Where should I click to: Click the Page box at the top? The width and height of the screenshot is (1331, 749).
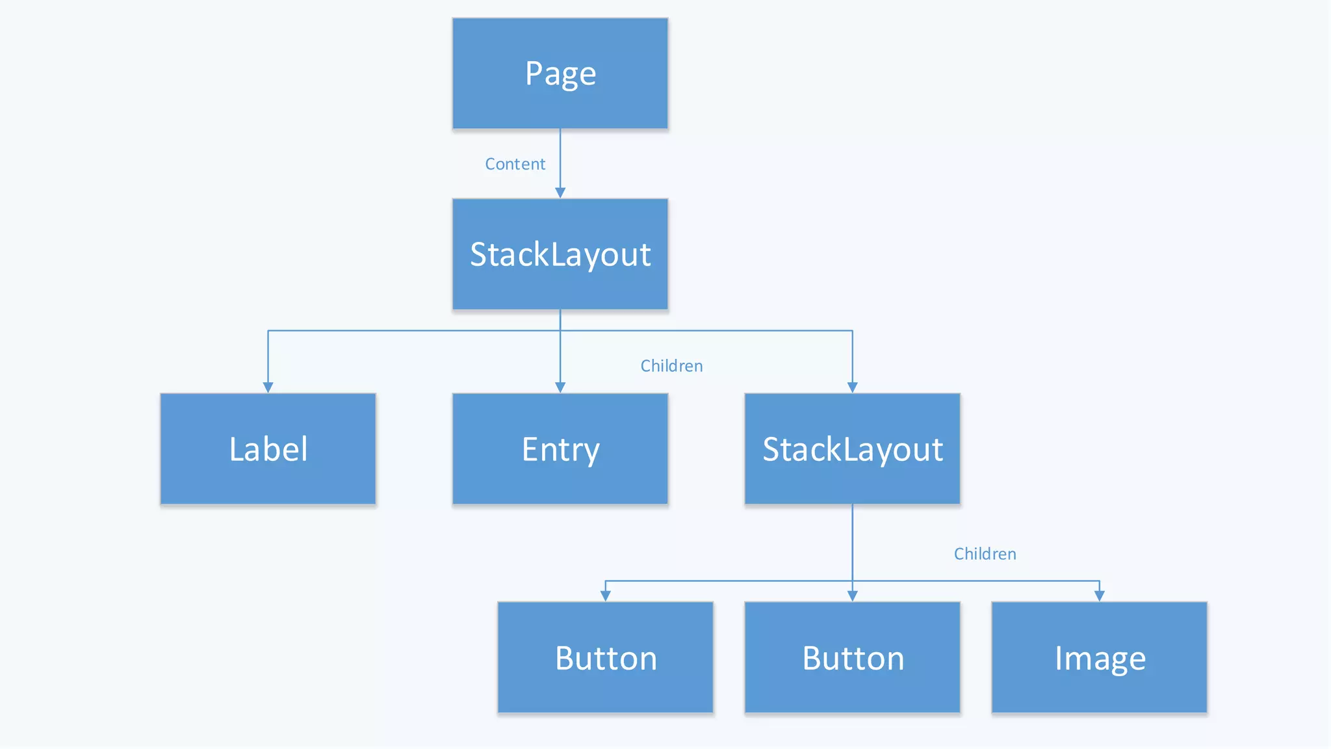[x=560, y=73]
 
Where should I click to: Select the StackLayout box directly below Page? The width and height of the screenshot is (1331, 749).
[x=560, y=254]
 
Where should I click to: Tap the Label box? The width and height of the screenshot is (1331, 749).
[x=268, y=449]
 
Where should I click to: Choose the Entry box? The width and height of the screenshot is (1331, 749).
[x=560, y=449]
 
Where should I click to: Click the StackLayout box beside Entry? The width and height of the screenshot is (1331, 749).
[x=852, y=449]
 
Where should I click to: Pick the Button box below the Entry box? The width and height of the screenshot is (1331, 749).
[x=605, y=657]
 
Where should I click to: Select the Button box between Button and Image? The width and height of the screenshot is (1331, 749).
[x=852, y=657]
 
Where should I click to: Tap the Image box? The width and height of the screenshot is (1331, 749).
[x=1099, y=657]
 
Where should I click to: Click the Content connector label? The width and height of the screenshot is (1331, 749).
[x=515, y=164]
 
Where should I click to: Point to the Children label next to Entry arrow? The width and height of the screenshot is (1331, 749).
[x=671, y=366]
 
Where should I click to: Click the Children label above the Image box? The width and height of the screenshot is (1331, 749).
[x=985, y=554]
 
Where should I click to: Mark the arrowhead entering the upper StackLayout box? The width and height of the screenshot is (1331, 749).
[x=560, y=192]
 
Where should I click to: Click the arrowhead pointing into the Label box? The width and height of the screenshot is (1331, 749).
[x=268, y=388]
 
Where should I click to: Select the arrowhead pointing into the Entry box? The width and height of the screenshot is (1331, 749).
[x=560, y=388]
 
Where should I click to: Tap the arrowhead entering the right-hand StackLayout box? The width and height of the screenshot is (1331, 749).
[x=852, y=388]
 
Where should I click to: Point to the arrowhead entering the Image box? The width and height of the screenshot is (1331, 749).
[x=1099, y=596]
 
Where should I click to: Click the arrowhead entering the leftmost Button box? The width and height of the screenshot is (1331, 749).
[x=605, y=596]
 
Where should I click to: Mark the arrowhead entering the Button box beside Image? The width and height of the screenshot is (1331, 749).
[x=852, y=596]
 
